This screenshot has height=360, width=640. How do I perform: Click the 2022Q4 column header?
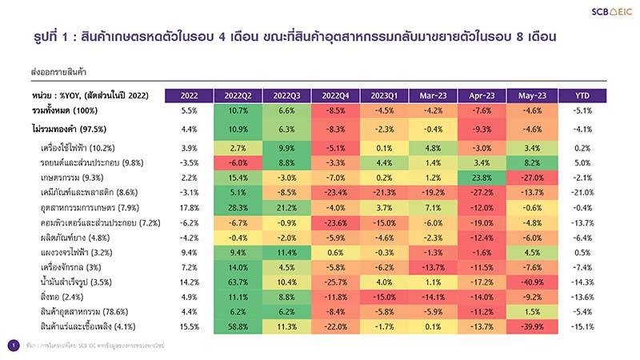335,96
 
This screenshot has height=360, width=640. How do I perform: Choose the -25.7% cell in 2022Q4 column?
335,282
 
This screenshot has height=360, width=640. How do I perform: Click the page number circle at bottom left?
13,345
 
